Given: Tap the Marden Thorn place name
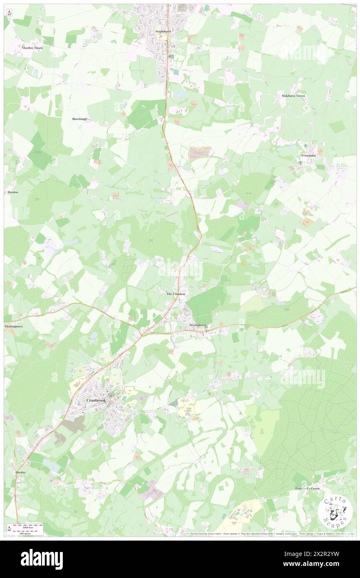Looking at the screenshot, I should click(x=32, y=48).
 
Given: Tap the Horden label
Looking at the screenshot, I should click(x=13, y=192).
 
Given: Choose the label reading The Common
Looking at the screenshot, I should click(x=175, y=294).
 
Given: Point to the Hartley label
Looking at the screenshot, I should click(x=21, y=473).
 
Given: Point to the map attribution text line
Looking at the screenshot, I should click(x=270, y=534).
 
